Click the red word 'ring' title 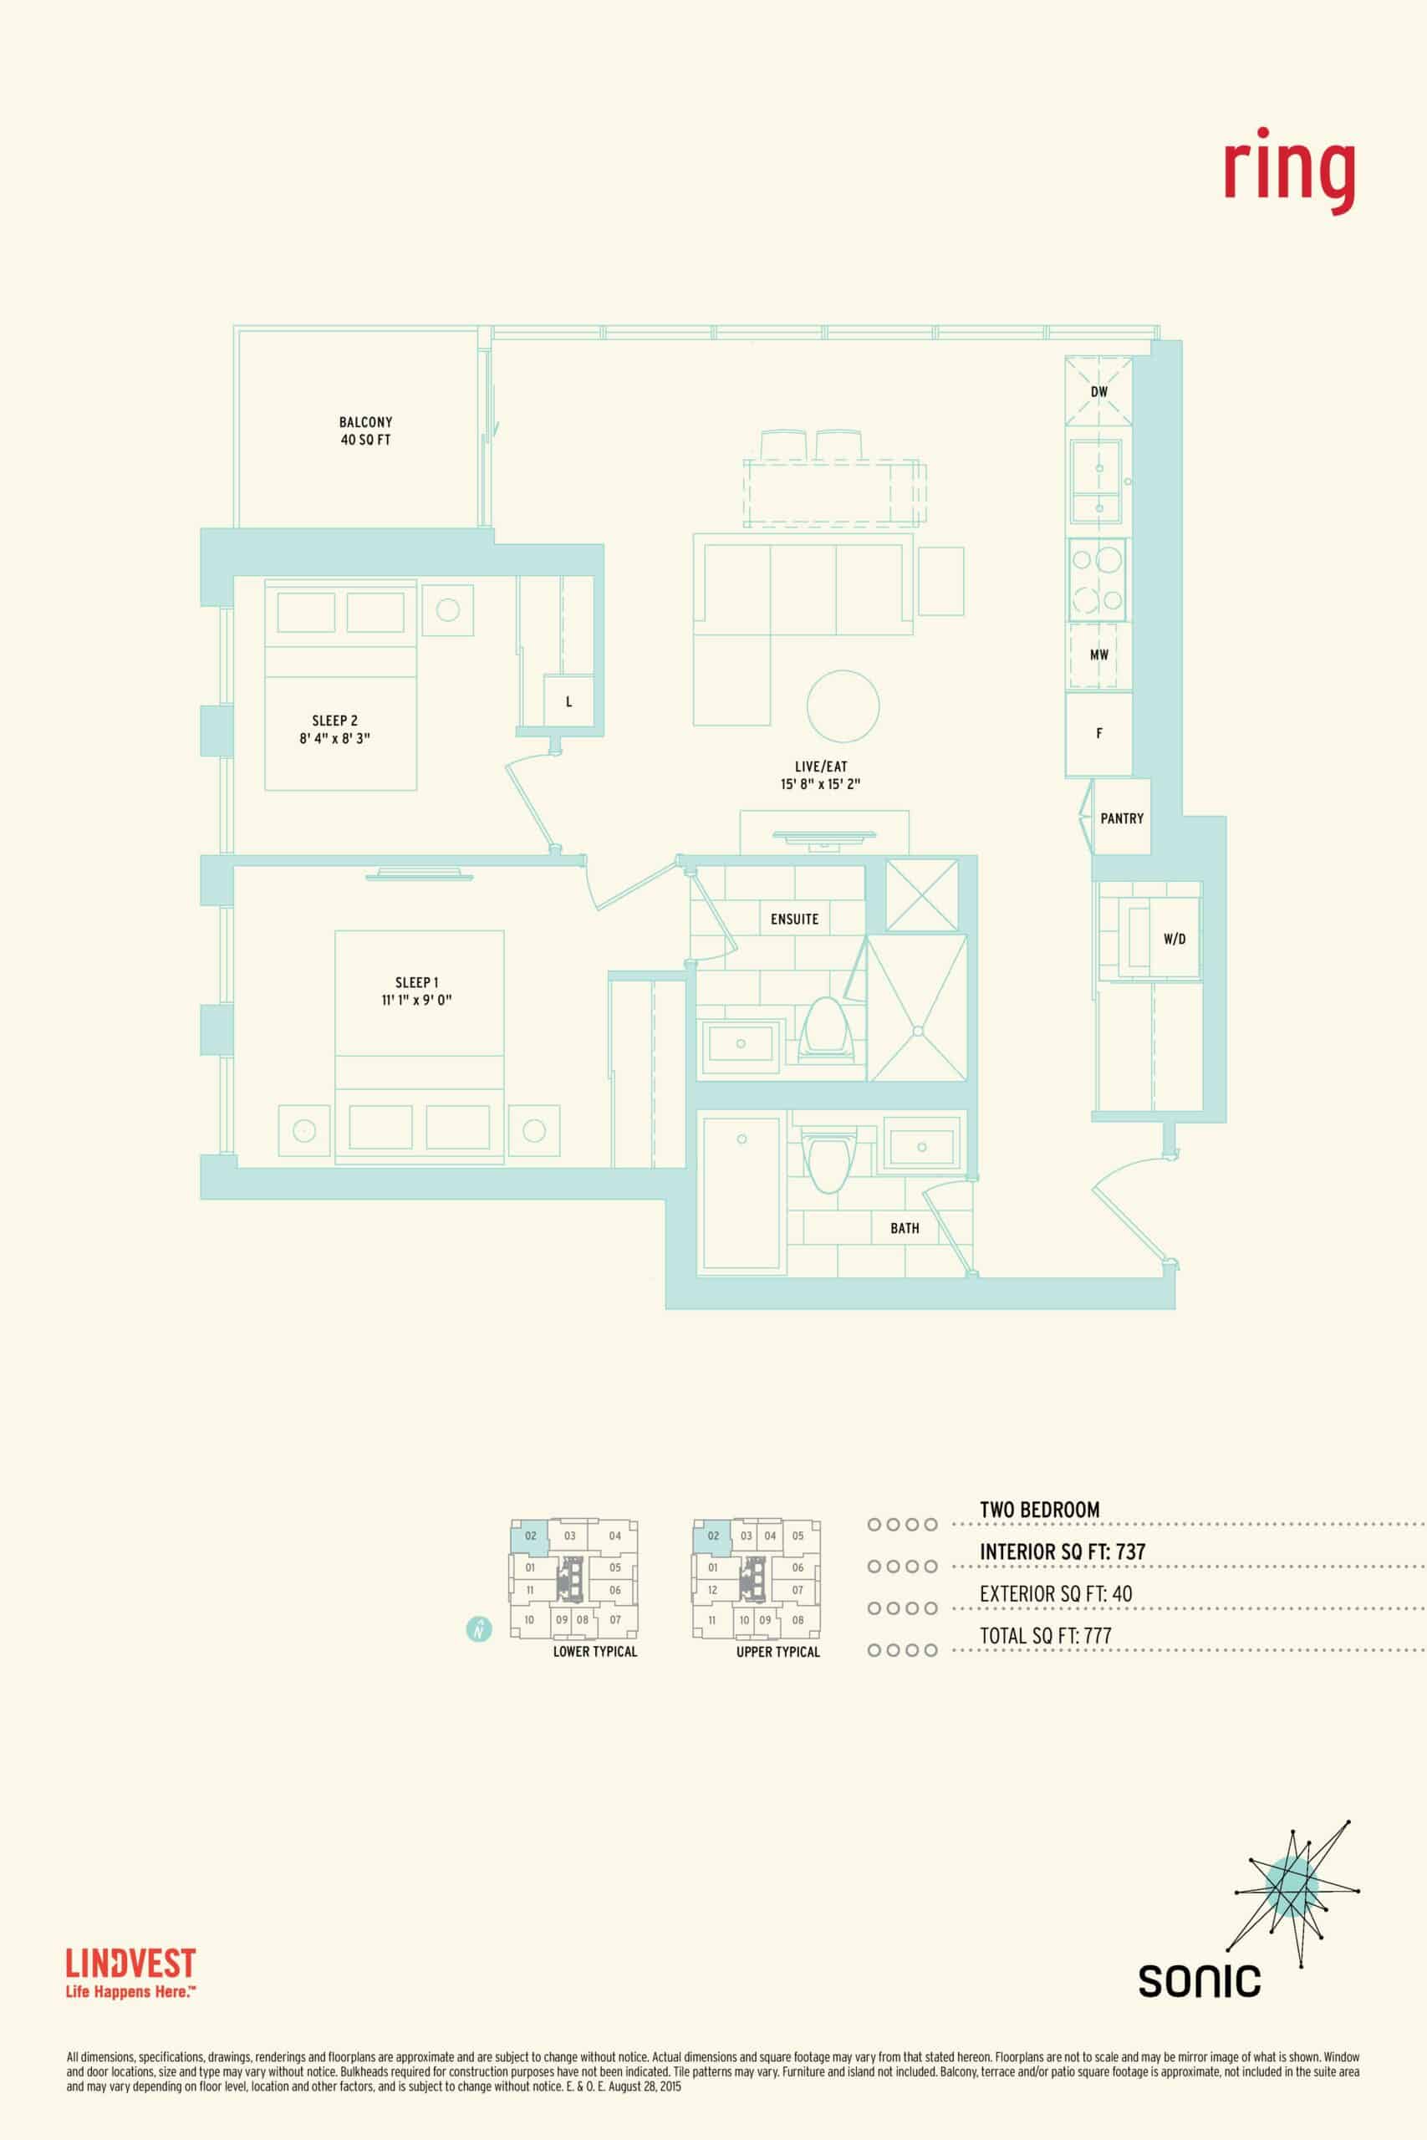pos(1289,173)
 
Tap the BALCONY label pos(365,422)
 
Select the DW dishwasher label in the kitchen pos(1099,392)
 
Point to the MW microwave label pos(1099,655)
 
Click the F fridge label pos(1099,732)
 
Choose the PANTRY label pos(1121,818)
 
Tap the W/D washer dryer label pos(1174,938)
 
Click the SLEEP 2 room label pos(335,721)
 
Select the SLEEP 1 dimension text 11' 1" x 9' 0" pos(417,1000)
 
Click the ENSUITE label pos(794,919)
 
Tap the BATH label pos(905,1228)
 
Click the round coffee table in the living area pos(843,707)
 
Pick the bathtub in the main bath pos(742,1193)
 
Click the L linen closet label pos(568,701)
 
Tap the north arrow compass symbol pos(479,1628)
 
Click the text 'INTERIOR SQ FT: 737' pos(1062,1551)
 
